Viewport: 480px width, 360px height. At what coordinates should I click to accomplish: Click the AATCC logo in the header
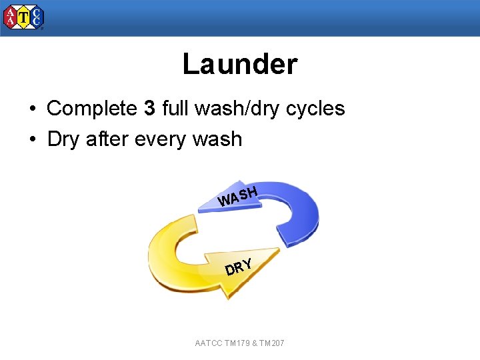pyautogui.click(x=23, y=17)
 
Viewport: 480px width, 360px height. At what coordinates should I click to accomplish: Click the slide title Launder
pyautogui.click(x=239, y=65)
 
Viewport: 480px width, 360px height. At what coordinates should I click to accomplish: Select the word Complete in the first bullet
pyautogui.click(x=92, y=108)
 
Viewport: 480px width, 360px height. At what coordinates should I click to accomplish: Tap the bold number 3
pyautogui.click(x=149, y=108)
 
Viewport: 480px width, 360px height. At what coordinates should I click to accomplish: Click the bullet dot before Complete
pyautogui.click(x=32, y=109)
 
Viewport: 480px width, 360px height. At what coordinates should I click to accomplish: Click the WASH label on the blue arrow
pyautogui.click(x=238, y=197)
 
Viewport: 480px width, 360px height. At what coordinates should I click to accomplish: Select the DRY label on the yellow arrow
pyautogui.click(x=239, y=267)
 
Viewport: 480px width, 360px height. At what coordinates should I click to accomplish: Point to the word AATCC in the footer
pyautogui.click(x=209, y=343)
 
